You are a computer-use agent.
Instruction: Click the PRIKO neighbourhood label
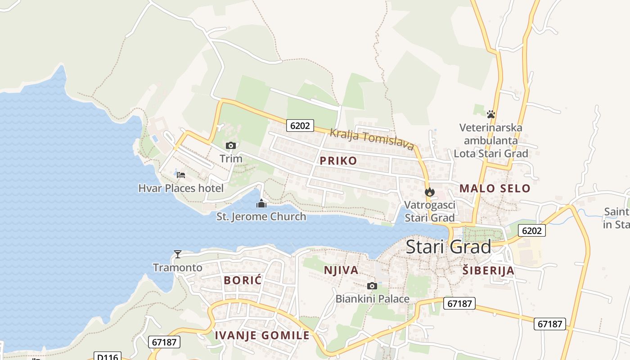click(338, 161)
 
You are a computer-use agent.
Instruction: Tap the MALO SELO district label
click(495, 189)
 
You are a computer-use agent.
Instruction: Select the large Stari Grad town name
click(449, 247)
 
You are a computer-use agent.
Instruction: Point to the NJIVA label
click(341, 270)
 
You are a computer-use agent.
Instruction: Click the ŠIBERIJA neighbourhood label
click(488, 270)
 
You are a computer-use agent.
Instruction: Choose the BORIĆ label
click(243, 280)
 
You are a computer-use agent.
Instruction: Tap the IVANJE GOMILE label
click(262, 335)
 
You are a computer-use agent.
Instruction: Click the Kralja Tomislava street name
click(372, 139)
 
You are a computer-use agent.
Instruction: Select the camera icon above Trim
click(231, 145)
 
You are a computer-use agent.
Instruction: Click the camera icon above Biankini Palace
click(372, 286)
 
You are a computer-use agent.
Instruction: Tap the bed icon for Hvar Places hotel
click(181, 175)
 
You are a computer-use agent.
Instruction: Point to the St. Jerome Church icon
click(261, 203)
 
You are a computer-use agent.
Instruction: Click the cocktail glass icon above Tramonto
click(178, 254)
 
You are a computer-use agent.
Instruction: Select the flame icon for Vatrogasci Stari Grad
click(430, 192)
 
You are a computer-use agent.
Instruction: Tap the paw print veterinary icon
click(491, 114)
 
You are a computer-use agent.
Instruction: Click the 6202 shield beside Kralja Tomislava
click(300, 126)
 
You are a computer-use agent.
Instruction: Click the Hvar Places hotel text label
click(181, 188)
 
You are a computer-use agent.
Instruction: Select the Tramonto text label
click(178, 268)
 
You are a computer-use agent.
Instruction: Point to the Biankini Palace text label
click(373, 299)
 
